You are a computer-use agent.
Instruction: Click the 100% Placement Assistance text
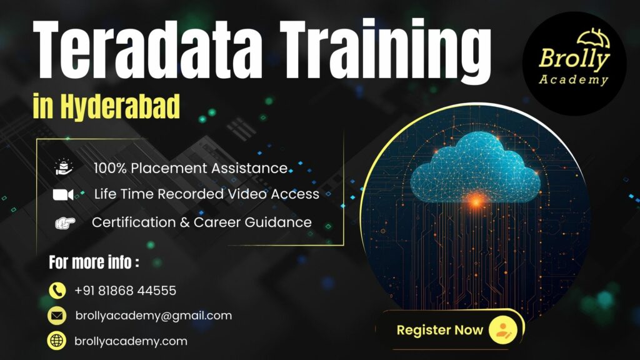click(191, 167)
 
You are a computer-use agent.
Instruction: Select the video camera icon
click(64, 194)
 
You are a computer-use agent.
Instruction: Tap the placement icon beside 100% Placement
click(64, 167)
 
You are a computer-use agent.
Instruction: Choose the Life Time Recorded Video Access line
click(206, 194)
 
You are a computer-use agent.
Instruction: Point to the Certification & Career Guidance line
click(201, 222)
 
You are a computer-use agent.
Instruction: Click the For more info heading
click(94, 262)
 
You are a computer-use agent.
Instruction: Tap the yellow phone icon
click(57, 291)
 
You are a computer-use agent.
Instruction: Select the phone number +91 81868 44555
click(125, 291)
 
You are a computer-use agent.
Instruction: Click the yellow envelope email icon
click(57, 316)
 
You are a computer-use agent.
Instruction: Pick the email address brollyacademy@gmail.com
click(153, 316)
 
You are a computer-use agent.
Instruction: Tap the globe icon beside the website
click(57, 341)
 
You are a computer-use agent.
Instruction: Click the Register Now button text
click(439, 330)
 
